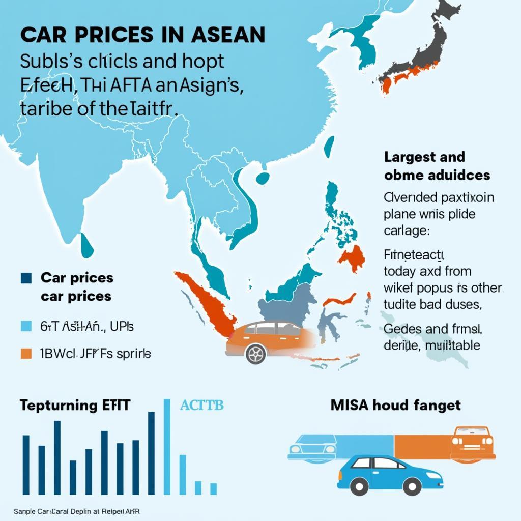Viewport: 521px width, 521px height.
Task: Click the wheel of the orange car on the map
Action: tap(256, 353)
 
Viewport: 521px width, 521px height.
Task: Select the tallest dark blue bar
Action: tap(151, 453)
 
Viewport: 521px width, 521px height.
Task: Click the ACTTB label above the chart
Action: tap(202, 406)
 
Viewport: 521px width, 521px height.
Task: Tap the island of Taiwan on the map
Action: tap(330, 147)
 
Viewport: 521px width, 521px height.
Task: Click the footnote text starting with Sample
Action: tap(76, 511)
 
